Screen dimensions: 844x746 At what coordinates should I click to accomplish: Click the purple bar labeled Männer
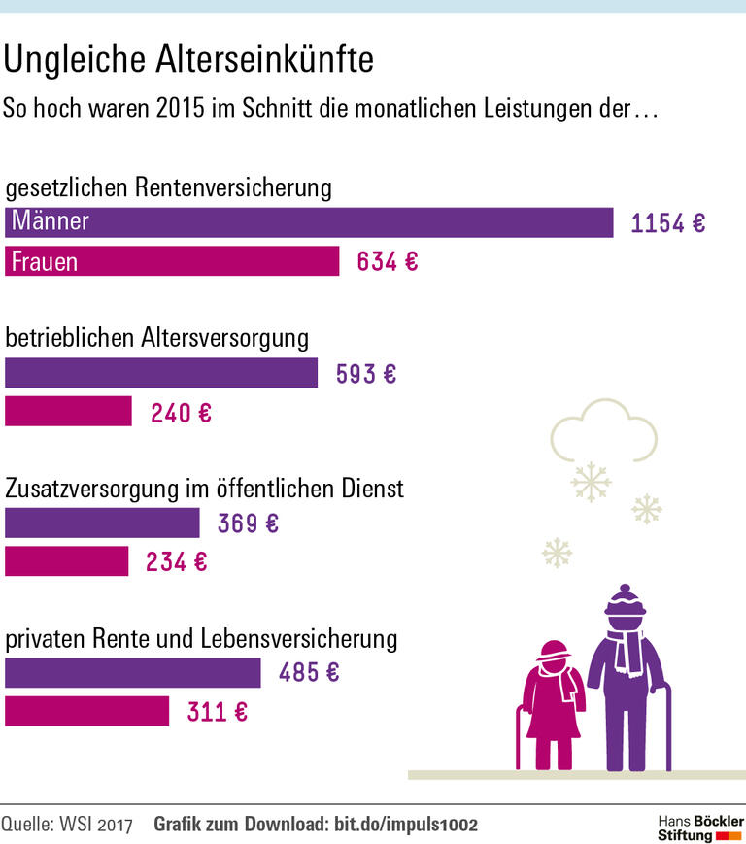click(309, 221)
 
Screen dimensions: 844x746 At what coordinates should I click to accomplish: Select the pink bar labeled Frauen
click(172, 261)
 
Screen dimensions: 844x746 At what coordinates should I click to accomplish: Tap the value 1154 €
click(668, 223)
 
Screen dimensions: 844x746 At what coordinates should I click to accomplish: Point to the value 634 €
click(387, 262)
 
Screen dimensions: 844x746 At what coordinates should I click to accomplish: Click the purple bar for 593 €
click(161, 373)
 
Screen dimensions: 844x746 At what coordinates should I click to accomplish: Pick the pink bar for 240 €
click(68, 412)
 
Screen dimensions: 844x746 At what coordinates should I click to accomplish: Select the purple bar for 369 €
click(102, 523)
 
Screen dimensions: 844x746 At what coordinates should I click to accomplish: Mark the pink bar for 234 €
click(66, 561)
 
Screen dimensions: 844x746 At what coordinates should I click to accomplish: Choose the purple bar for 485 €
click(132, 672)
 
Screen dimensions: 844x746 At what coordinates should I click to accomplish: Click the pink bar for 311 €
click(86, 711)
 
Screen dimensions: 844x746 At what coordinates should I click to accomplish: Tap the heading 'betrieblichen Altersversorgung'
click(157, 338)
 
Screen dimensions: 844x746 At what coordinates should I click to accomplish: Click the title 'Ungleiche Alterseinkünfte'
click(188, 59)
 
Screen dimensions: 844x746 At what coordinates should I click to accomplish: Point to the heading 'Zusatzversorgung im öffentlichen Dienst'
click(205, 488)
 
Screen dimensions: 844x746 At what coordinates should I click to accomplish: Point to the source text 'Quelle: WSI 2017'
click(67, 825)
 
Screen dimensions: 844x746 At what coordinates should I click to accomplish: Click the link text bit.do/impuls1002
click(406, 825)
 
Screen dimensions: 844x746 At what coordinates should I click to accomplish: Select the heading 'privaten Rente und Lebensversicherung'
click(202, 639)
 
